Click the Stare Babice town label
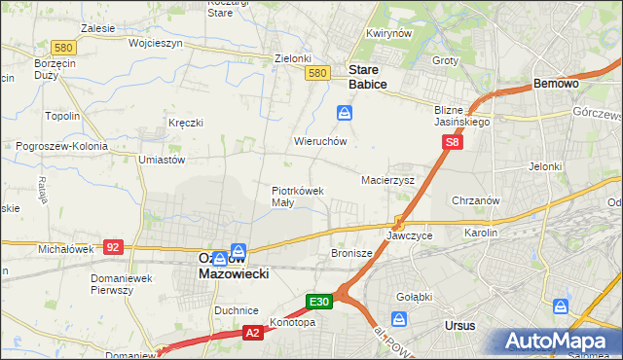[x=368, y=77]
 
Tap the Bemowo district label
[x=557, y=85]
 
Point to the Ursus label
[x=459, y=324]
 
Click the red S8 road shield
[x=451, y=143]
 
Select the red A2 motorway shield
[x=251, y=333]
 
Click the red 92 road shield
[x=113, y=247]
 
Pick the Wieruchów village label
[x=321, y=141]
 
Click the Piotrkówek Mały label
[x=297, y=197]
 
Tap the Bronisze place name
[x=352, y=253]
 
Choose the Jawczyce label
[x=409, y=236]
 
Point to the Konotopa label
[x=292, y=322]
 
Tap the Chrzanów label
[x=476, y=200]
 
